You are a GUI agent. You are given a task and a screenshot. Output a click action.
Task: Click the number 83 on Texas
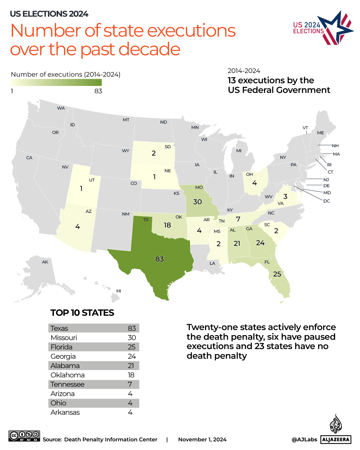(x=160, y=259)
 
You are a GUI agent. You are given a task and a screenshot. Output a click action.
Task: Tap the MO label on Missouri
(x=199, y=188)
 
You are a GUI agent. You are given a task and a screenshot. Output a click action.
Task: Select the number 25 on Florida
(x=277, y=274)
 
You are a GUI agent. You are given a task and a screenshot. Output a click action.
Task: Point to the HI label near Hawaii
(x=119, y=291)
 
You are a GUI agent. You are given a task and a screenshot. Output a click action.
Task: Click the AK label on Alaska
(x=45, y=262)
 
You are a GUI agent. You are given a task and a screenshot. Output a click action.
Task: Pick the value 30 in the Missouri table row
(x=132, y=338)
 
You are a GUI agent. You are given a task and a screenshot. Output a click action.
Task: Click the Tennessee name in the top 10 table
(x=67, y=384)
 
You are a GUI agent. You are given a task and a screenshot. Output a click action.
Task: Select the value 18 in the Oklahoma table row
(x=131, y=375)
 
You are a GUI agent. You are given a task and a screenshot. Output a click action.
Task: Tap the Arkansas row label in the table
(x=65, y=412)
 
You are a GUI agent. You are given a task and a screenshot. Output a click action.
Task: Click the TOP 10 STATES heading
(x=82, y=313)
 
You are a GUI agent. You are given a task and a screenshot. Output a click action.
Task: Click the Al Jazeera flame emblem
(x=336, y=424)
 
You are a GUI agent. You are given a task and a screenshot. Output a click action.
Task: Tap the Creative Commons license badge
(x=24, y=436)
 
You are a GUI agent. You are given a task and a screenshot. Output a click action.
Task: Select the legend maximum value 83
(x=98, y=91)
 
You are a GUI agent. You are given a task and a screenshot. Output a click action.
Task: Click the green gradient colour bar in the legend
(x=56, y=83)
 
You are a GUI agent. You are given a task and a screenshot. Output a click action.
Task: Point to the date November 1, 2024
(x=202, y=440)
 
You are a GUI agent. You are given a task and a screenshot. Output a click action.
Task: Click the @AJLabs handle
(x=304, y=440)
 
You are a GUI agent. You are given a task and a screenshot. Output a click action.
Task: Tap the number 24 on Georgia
(x=260, y=243)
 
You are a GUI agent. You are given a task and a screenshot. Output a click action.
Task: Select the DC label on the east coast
(x=326, y=201)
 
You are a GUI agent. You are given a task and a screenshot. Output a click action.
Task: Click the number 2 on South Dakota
(x=154, y=153)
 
